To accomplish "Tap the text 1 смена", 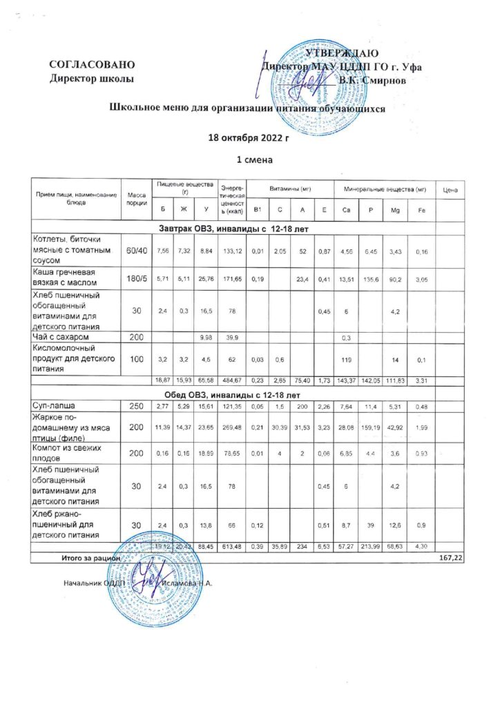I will coord(251,160).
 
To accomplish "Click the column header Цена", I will coord(450,190).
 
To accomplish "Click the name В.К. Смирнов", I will coord(381,80).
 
